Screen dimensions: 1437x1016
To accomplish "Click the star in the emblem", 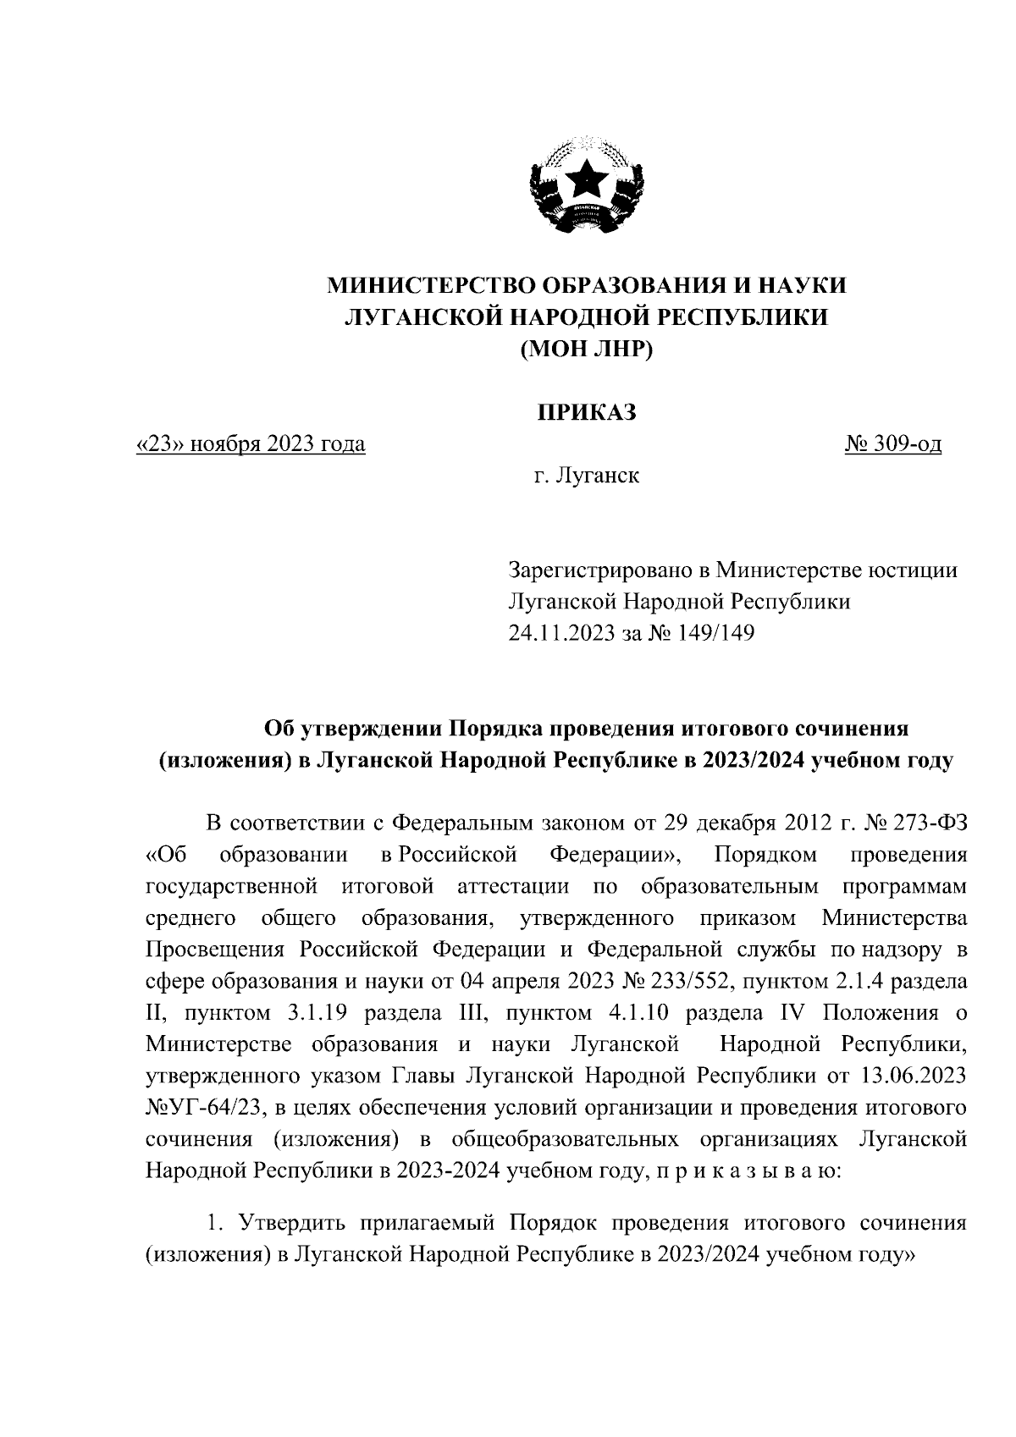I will [x=585, y=178].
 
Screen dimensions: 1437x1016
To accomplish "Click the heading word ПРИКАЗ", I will [x=586, y=412].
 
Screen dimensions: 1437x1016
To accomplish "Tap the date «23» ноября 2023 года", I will [x=251, y=443].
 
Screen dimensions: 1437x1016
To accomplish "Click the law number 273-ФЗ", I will [x=925, y=822].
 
